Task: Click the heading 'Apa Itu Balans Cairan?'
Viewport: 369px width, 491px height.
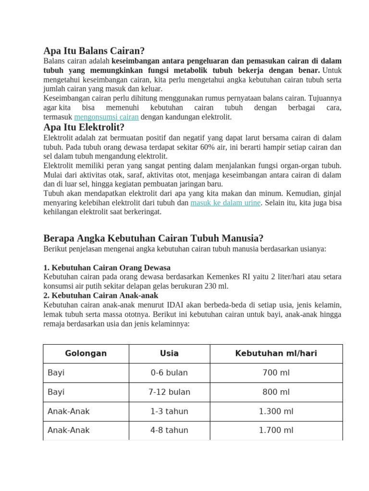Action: coord(94,51)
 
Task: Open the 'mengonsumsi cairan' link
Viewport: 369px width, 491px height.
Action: coord(106,117)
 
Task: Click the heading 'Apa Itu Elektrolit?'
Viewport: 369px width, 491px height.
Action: coord(84,127)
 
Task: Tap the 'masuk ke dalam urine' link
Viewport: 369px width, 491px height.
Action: coord(225,203)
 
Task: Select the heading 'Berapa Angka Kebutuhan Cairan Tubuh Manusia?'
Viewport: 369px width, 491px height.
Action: coord(153,238)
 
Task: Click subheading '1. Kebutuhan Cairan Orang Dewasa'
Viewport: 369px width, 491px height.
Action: coord(107,268)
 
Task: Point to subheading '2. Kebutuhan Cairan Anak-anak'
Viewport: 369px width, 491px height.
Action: coord(100,295)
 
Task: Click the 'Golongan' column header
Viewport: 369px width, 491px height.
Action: coord(86,353)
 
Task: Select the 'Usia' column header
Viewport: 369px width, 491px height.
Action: coord(169,353)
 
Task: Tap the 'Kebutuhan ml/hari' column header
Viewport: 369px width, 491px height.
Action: coord(276,353)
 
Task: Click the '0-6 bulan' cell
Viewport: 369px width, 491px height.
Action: coord(169,373)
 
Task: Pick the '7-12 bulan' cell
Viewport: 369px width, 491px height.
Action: coord(169,392)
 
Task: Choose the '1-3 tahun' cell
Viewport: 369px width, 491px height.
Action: coord(169,411)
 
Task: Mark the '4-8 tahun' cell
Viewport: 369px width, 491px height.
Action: coord(169,430)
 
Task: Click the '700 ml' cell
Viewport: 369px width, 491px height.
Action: coord(276,373)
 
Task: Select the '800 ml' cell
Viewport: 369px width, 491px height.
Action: coord(276,392)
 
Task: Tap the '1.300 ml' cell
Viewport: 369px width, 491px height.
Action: coord(276,411)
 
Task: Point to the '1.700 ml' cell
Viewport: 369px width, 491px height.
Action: coord(276,430)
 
